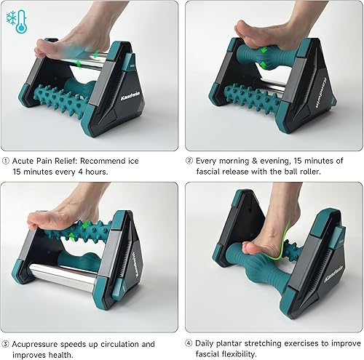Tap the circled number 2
pos(190,160)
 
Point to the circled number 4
pos(190,344)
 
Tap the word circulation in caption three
pos(129,344)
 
